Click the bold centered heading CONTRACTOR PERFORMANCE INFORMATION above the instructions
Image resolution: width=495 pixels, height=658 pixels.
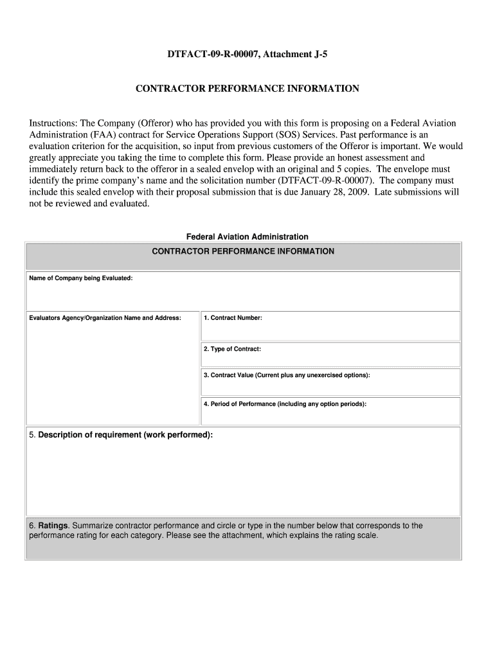point(247,89)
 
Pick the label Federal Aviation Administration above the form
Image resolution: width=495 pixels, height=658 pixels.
point(247,236)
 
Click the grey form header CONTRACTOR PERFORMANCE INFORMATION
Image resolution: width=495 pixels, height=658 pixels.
point(242,251)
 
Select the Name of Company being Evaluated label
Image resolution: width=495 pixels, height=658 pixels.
point(81,278)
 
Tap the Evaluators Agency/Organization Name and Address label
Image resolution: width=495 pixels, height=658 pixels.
point(105,317)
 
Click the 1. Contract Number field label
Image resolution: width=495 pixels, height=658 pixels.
point(233,317)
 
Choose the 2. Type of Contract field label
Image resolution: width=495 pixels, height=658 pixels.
point(232,349)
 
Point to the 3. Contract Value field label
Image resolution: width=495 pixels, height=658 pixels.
point(287,375)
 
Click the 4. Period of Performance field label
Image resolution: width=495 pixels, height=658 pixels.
point(285,404)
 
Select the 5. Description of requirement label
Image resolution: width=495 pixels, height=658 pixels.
point(121,435)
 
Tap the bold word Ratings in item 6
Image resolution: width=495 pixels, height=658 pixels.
point(54,526)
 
